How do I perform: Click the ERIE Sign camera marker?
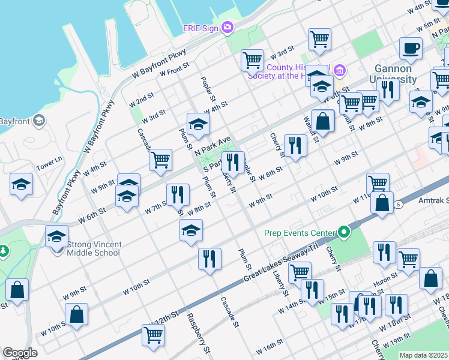tap(228, 27)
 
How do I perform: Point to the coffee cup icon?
tap(411, 48)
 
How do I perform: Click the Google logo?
tap(20, 353)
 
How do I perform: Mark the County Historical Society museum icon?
tap(340, 71)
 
